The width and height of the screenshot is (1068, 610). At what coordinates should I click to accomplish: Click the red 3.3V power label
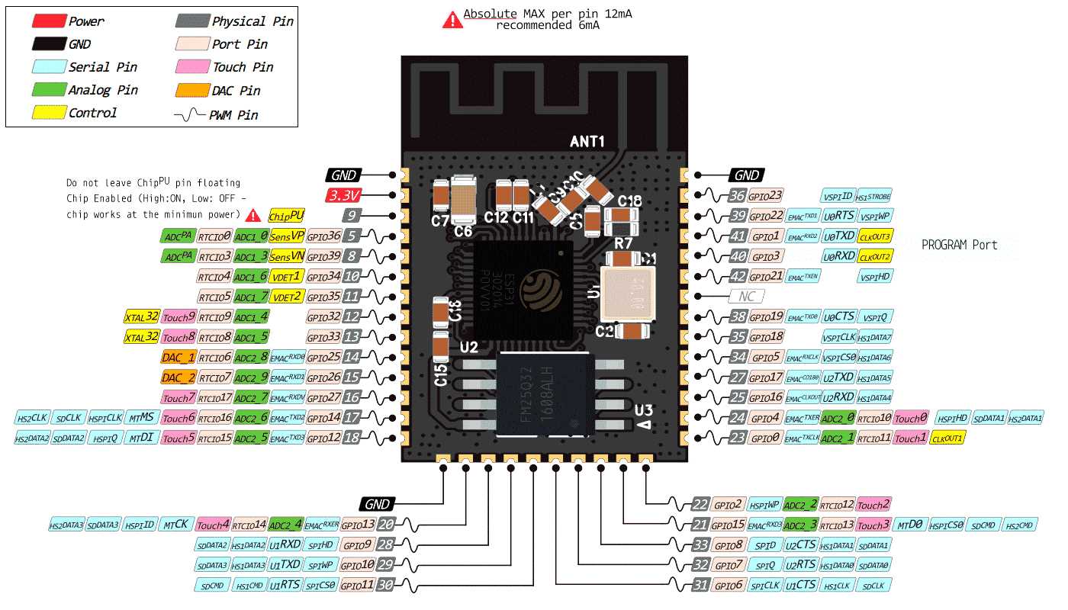click(343, 195)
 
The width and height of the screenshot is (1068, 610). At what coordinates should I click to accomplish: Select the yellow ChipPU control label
click(286, 216)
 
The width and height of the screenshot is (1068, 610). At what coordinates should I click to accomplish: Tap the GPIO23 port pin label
click(766, 195)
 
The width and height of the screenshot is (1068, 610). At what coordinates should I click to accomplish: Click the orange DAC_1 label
click(179, 357)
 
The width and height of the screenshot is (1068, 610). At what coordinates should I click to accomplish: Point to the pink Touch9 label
click(179, 316)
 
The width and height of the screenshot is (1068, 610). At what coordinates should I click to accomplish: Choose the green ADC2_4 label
click(285, 525)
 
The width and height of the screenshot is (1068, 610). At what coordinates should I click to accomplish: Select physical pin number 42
click(738, 276)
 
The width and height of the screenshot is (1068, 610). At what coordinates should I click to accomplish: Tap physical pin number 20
click(387, 525)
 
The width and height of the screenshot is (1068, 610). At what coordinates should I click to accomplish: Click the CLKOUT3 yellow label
click(875, 236)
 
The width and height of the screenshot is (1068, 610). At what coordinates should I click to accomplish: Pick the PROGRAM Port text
click(959, 246)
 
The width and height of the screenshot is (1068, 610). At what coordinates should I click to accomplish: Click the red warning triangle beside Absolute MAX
click(452, 20)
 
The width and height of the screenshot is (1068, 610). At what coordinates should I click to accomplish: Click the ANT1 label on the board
click(587, 142)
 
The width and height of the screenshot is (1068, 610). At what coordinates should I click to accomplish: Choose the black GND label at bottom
click(377, 504)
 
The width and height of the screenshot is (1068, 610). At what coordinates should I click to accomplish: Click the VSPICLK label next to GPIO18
click(838, 337)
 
